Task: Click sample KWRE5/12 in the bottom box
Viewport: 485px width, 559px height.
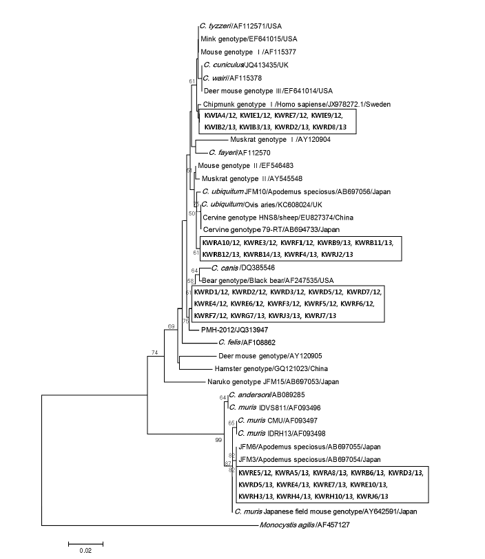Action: pos(255,473)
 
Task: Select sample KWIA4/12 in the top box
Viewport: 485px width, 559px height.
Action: pos(222,115)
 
